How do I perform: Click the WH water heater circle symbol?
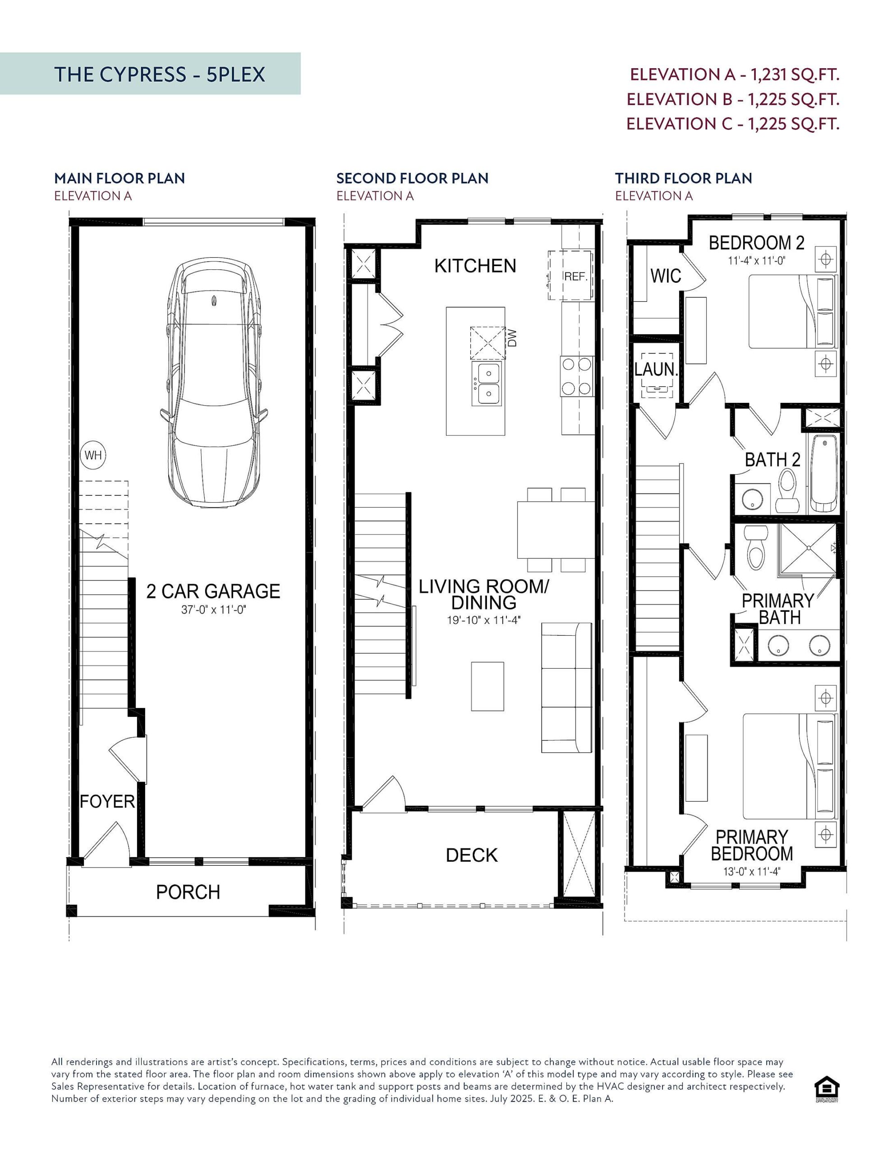[93, 455]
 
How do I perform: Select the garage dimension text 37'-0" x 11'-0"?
[214, 610]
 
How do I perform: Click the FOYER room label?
[107, 801]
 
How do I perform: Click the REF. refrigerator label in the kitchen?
[576, 277]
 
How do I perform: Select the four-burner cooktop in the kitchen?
[576, 376]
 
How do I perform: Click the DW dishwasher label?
[512, 338]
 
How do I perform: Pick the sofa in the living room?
[566, 687]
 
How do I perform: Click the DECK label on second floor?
[472, 855]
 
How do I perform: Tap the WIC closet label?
[665, 276]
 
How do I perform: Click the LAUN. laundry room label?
[656, 369]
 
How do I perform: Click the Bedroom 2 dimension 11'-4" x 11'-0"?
[757, 261]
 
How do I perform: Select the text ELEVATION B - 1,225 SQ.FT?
[733, 99]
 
